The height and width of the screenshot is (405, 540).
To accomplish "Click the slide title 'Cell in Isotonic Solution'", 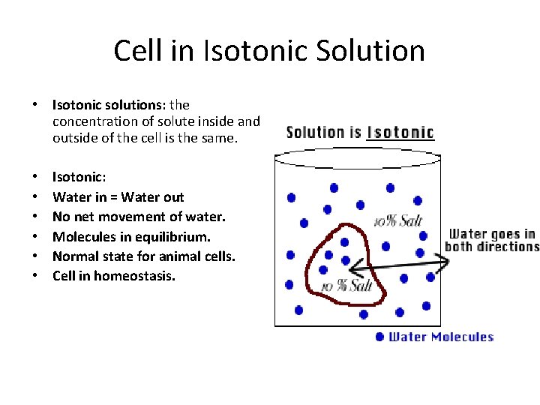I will [x=269, y=50].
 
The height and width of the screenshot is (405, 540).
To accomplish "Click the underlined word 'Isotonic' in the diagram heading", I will [x=400, y=133].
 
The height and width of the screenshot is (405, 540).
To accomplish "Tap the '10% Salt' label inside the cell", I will [x=346, y=286].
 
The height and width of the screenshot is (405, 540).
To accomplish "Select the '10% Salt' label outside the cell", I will [x=398, y=220].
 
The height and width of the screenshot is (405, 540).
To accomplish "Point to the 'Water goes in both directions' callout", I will [x=491, y=240].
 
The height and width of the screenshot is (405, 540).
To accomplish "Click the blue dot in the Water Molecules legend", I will [x=380, y=337].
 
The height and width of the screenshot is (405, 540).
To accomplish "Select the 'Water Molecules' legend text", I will [x=440, y=337].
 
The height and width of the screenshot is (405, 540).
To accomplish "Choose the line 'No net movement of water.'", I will [x=139, y=217].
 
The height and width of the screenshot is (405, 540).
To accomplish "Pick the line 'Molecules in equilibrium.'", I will [x=131, y=236].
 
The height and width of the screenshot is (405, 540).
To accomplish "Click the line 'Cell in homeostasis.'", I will [x=113, y=276].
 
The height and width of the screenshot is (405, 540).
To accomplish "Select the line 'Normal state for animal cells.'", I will [x=143, y=256].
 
